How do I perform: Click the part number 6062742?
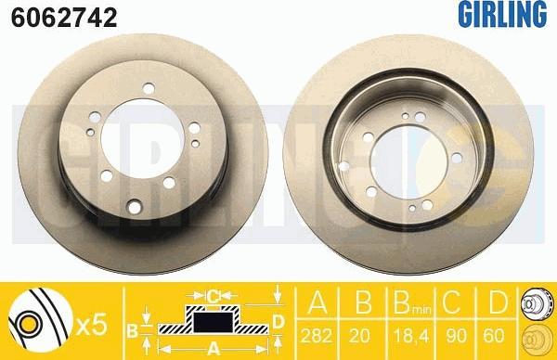(x=64, y=18)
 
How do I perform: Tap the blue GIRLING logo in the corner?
(x=502, y=14)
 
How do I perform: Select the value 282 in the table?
(x=317, y=336)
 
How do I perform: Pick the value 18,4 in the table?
(x=410, y=336)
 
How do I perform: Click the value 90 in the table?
(x=456, y=336)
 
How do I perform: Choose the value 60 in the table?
(x=494, y=336)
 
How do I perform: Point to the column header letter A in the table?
(x=317, y=302)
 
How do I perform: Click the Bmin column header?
(x=412, y=303)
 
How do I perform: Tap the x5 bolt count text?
(x=92, y=326)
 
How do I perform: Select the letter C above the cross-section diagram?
(x=213, y=295)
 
